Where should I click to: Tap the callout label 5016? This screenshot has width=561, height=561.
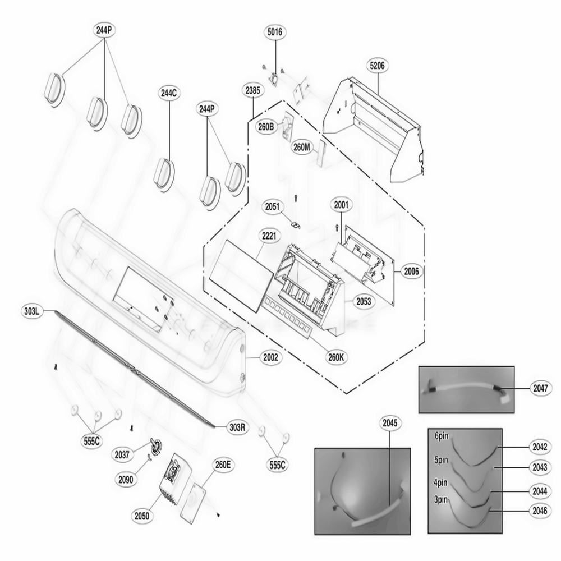275,33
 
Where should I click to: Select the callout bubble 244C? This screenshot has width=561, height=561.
169,94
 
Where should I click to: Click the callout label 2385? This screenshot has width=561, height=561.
253,90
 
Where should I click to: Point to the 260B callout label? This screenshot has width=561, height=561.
266,127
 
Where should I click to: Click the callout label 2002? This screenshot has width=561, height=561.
270,357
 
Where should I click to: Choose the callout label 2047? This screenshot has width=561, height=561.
541,387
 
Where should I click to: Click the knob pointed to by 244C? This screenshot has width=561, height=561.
164,174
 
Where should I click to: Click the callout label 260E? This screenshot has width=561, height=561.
222,465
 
